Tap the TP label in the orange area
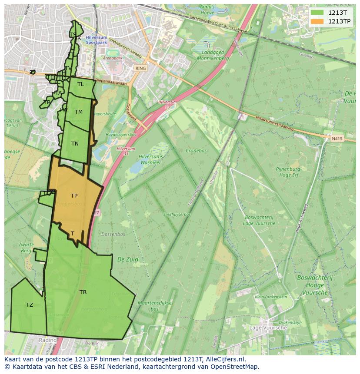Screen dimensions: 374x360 [74, 196]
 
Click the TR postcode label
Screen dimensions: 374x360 [83, 292]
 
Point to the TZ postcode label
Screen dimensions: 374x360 [30, 305]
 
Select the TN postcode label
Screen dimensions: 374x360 [75, 144]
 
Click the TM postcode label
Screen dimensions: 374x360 [78, 112]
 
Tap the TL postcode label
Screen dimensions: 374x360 [80, 84]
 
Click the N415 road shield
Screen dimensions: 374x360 [337, 139]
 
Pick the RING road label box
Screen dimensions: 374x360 [140, 69]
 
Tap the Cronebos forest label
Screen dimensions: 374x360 [196, 151]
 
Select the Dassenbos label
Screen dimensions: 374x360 [113, 234]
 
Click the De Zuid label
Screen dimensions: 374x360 [128, 259]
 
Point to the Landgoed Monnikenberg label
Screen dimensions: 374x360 [213, 55]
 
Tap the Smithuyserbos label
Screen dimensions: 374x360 [177, 215]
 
